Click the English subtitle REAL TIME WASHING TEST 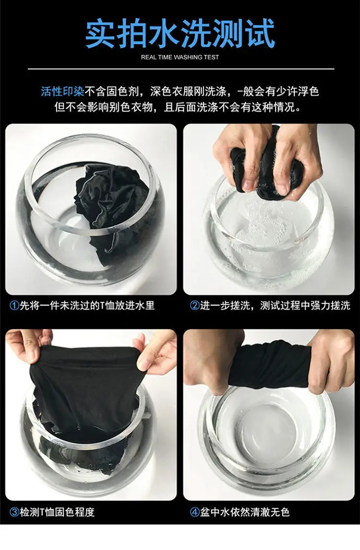180,57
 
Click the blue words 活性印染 62,92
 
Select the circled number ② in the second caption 194,306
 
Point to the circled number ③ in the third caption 14,512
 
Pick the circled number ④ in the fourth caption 194,512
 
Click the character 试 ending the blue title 260,33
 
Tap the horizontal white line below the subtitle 181,69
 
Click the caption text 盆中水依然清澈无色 245,512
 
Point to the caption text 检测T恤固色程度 57,512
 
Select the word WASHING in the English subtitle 188,57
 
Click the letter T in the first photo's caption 102,306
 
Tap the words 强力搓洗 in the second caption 330,306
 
